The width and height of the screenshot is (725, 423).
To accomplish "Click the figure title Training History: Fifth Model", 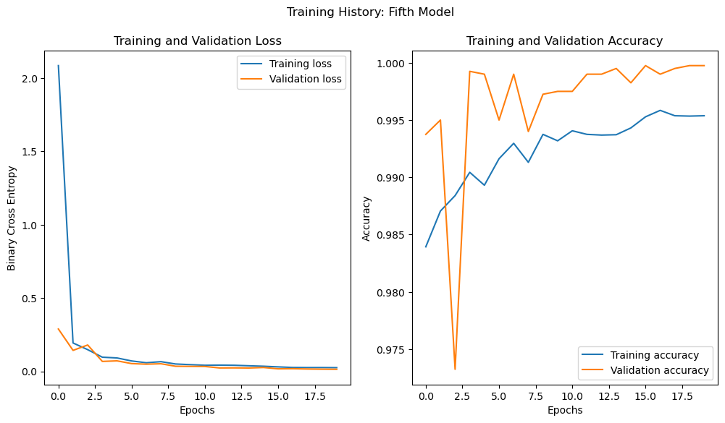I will pos(370,12).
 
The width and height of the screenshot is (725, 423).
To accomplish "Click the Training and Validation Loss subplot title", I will pos(198,41).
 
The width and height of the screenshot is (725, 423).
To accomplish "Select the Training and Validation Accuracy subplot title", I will pos(564,41).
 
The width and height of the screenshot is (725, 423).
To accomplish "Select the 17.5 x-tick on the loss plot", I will pos(314,396).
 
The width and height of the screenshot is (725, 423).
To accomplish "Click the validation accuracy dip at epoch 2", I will pos(455,369).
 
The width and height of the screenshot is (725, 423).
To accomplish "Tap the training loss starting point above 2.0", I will pos(59,66).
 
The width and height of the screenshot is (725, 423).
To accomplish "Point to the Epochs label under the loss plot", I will pos(198,410).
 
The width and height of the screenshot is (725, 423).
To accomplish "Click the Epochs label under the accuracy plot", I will pos(564,410).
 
